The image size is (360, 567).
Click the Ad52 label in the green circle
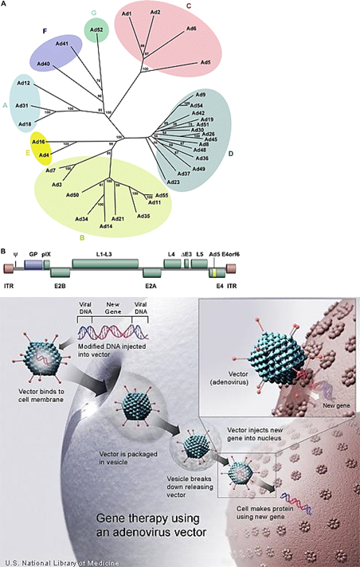[x=96, y=30]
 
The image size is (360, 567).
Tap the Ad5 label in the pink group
[x=205, y=61]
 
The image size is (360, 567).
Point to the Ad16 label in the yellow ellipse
[x=38, y=141]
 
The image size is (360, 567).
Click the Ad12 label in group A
[x=24, y=84]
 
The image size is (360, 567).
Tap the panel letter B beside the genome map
[x=4, y=253]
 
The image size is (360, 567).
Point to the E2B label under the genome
[x=60, y=283]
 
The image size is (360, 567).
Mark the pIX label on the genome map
[x=46, y=254]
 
